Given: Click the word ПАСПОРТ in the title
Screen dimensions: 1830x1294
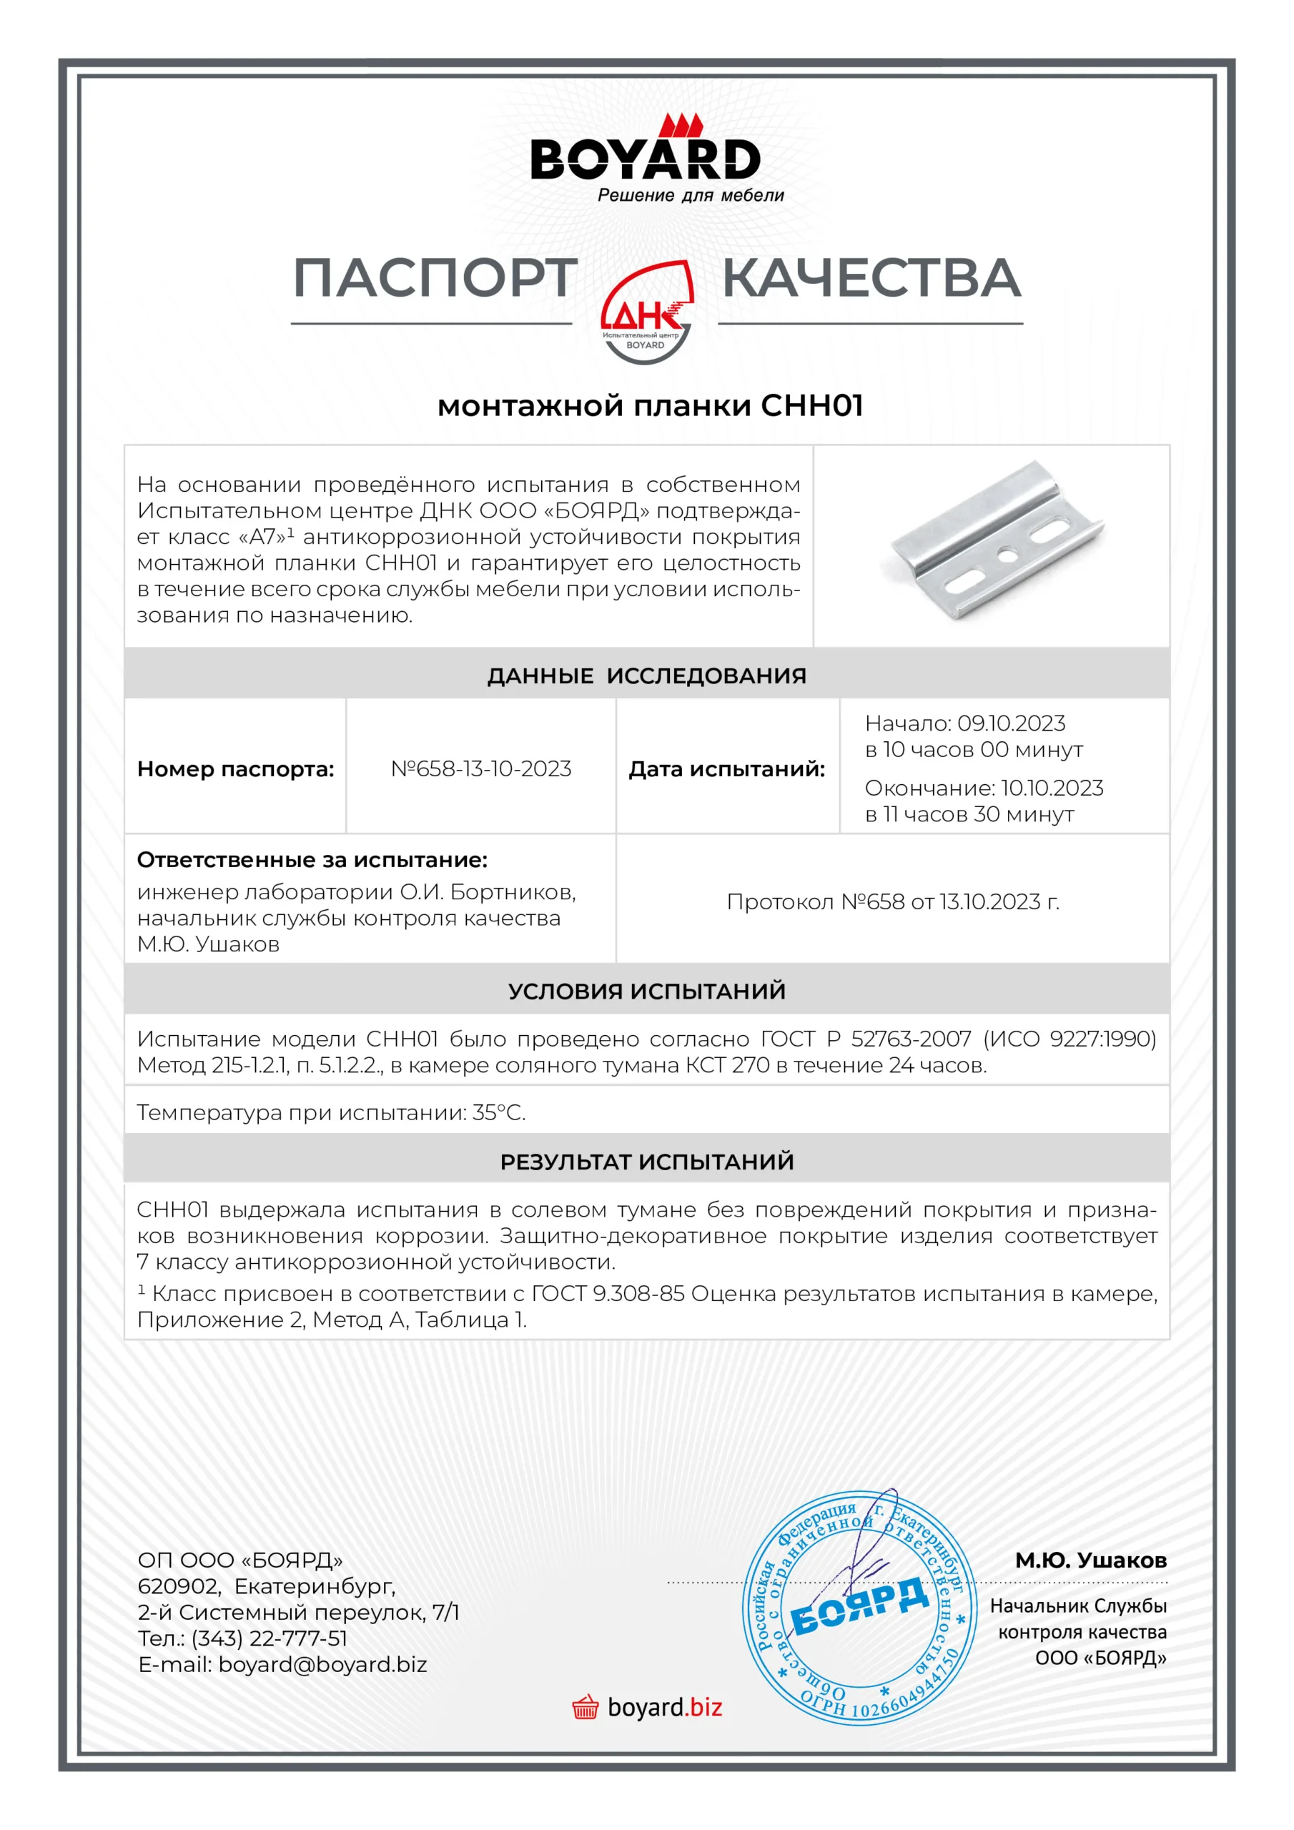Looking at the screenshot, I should [x=435, y=278].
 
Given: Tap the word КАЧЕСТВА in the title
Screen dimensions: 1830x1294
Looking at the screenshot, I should [x=871, y=278].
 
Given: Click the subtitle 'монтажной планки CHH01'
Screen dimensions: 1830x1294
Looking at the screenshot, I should [x=650, y=406].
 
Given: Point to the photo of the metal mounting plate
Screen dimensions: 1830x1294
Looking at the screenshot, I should [x=996, y=542].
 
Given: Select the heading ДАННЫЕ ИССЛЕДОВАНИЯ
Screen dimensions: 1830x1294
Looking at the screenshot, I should [x=646, y=676].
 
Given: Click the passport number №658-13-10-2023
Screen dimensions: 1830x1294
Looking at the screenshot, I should [x=480, y=768].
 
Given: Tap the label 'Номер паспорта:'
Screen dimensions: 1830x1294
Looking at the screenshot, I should [x=235, y=769].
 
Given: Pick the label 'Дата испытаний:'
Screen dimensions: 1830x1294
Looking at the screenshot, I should [x=726, y=769].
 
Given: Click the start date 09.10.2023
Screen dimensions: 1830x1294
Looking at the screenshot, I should [x=1010, y=723].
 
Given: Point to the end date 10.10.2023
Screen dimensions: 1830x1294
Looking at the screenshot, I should [x=1052, y=788].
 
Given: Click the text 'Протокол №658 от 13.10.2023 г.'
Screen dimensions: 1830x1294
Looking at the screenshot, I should [x=892, y=901].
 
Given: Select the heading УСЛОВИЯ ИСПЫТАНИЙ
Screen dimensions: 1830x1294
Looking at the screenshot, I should [x=646, y=991].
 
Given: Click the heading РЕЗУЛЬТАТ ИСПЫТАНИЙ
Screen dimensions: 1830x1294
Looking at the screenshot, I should [x=646, y=1162].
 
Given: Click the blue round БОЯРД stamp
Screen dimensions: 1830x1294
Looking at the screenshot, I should [x=859, y=1608].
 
